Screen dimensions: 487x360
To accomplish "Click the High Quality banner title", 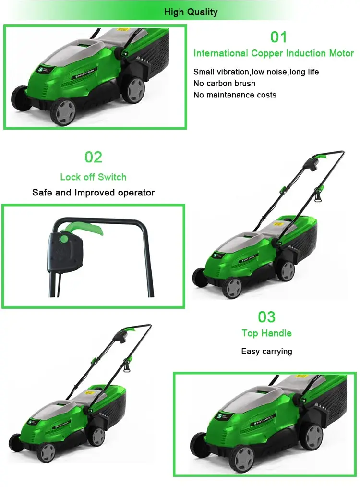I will point(191,12).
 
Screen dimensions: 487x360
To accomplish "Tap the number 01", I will point(278,37).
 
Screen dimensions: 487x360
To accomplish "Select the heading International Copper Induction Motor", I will point(274,53).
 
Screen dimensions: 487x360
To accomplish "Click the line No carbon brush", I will point(224,83).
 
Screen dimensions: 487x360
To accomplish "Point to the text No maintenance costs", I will point(235,95).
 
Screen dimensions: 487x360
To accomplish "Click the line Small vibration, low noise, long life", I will point(256,72).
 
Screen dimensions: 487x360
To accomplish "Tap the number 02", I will point(94,157).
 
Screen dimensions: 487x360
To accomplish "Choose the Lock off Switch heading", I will point(93,177).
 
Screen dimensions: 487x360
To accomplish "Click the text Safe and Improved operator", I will point(93,193).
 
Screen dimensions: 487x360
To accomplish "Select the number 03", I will point(267,317).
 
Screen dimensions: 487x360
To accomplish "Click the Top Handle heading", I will point(266,333).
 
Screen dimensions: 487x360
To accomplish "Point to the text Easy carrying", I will point(266,351).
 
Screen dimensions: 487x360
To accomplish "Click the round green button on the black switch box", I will point(63,237).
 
